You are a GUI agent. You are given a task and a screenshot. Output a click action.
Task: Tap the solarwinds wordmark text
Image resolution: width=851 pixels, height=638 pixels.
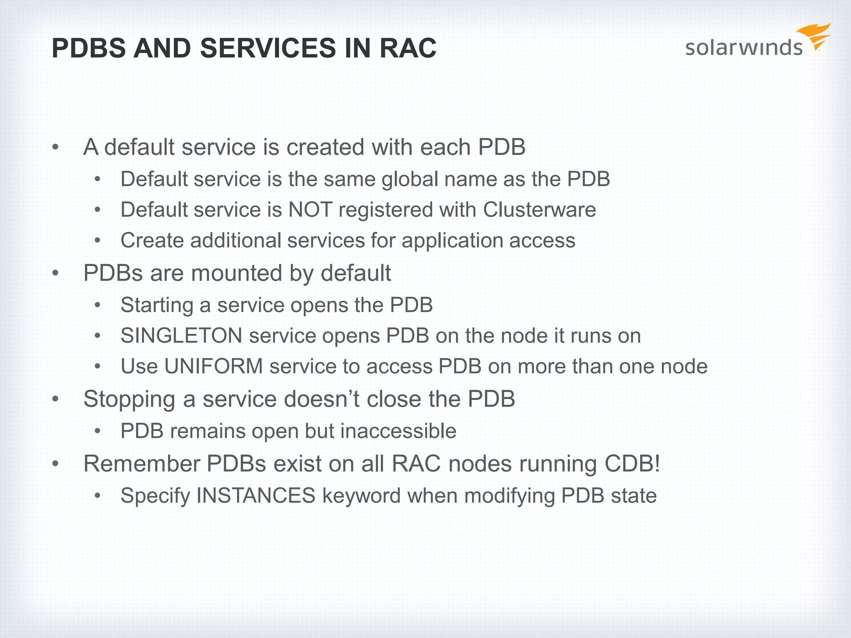coord(743,48)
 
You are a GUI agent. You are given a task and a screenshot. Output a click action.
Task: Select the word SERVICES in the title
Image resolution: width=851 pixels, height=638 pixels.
coord(268,48)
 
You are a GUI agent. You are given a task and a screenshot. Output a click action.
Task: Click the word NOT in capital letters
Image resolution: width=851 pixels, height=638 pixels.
coord(310,210)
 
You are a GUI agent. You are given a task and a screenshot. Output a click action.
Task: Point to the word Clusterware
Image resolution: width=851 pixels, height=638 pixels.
coord(539,210)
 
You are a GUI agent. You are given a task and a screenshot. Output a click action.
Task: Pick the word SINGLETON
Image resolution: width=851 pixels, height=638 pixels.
coord(181,336)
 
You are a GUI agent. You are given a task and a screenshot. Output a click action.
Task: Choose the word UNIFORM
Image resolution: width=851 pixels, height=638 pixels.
coord(214,366)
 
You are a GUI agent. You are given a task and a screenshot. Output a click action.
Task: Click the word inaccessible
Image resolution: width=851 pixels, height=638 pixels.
coord(398,431)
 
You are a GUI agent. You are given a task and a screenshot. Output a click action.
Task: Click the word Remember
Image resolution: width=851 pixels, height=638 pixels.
coord(142,464)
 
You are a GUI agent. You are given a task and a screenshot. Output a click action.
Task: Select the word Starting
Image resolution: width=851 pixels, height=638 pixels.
coord(157,305)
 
